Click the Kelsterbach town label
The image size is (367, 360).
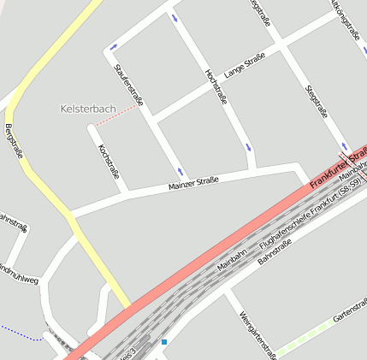coord(88,109)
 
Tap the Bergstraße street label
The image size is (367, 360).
coord(14,141)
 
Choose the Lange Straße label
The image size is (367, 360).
coord(245,65)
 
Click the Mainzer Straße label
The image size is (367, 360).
coord(193,183)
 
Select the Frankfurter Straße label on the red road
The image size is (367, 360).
coord(337,166)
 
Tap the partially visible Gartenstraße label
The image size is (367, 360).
coord(350,310)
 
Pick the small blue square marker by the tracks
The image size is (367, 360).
coord(163,342)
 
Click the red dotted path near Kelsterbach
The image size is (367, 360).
coord(115,118)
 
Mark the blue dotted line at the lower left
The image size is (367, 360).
coord(19,333)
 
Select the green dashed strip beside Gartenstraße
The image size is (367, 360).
coord(304,339)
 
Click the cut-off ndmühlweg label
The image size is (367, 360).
coord(19,274)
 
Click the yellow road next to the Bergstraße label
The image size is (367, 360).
coord(34,171)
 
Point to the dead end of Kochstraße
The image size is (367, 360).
coord(91,129)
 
